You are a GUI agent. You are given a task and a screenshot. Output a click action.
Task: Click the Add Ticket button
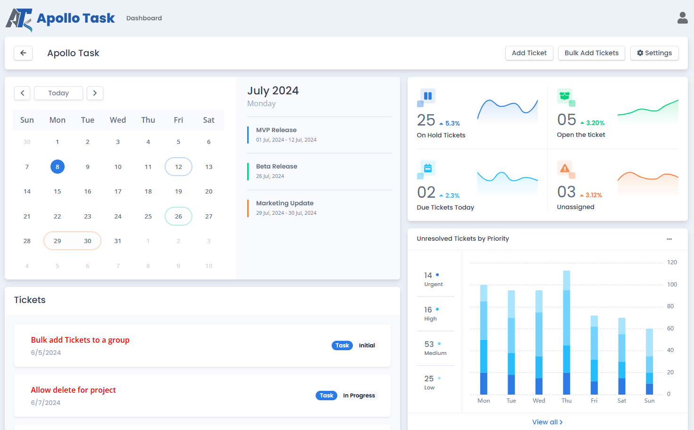pos(529,53)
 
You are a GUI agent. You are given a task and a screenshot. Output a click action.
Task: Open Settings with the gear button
pos(654,53)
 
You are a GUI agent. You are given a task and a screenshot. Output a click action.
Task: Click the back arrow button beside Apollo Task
pos(23,53)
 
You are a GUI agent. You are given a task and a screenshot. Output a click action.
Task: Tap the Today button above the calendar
pos(59,93)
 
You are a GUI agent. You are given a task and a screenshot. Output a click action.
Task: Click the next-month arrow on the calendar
pos(95,93)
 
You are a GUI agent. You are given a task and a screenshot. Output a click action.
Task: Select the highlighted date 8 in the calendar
pos(58,167)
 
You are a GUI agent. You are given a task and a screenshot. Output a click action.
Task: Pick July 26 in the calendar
pos(178,216)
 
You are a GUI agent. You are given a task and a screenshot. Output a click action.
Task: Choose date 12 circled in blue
pos(178,167)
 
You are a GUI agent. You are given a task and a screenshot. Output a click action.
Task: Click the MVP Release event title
pos(276,130)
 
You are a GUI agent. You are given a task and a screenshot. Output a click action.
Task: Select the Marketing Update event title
pos(284,203)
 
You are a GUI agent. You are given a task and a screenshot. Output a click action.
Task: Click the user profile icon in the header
pos(682,18)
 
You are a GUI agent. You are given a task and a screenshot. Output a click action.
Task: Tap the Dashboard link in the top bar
pos(144,18)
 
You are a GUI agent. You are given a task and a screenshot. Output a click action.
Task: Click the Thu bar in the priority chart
pos(567,332)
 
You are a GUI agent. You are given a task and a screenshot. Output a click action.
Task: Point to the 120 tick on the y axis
pos(672,262)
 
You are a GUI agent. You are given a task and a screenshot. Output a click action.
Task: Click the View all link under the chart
pos(547,422)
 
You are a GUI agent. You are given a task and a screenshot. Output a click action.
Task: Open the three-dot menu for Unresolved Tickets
pos(669,239)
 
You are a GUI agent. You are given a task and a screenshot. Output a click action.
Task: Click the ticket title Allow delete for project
pos(73,390)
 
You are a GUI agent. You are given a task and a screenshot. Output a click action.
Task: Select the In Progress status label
pos(359,396)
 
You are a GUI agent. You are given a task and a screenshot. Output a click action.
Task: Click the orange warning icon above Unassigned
pos(564,168)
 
